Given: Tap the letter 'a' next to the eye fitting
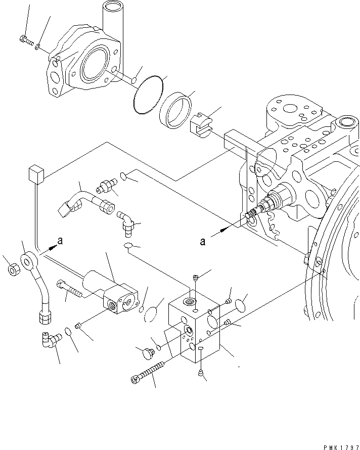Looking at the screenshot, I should click(x=60, y=242).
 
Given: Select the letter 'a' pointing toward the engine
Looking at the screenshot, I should click(x=203, y=242).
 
